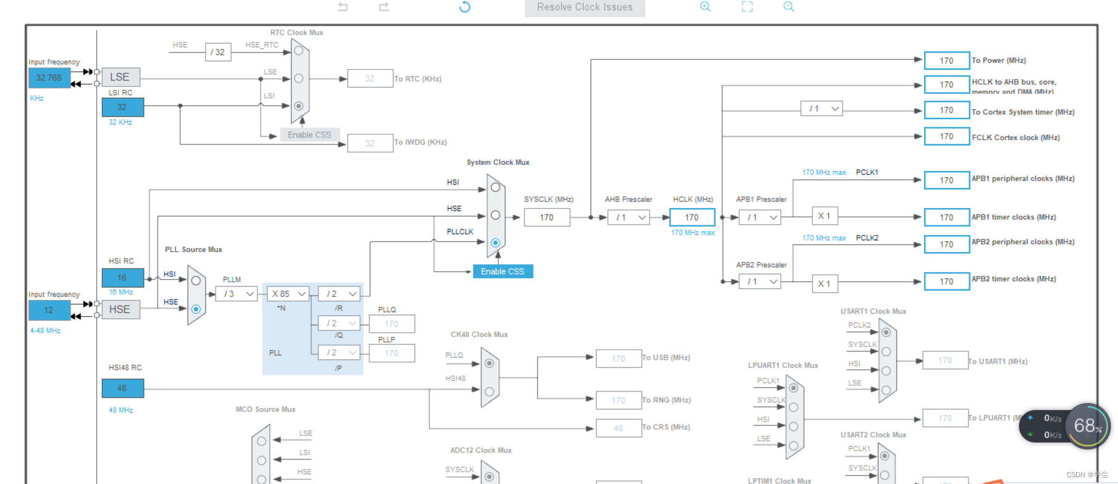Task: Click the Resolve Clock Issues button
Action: coord(584,7)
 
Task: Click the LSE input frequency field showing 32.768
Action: coord(49,78)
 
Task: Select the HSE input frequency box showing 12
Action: coord(49,310)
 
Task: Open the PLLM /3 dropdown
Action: coord(238,294)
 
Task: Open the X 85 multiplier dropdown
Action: coord(288,294)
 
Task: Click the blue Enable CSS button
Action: coord(502,272)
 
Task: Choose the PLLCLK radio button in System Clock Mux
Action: coord(495,243)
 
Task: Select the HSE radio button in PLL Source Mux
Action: coord(196,309)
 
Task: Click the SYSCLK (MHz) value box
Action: coord(547,217)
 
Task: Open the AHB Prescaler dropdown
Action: coord(629,217)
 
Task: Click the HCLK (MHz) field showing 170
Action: coord(692,217)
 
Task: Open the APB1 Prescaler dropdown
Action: coord(760,217)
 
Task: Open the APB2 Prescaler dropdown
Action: coord(760,282)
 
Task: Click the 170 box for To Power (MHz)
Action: coord(946,60)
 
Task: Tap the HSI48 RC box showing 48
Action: coord(122,388)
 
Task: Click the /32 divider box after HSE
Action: coord(218,52)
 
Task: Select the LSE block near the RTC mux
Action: coord(120,77)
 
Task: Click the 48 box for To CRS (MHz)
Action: coord(618,428)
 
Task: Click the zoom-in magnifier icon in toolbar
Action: coord(705,7)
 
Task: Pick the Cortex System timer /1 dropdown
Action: coord(822,109)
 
